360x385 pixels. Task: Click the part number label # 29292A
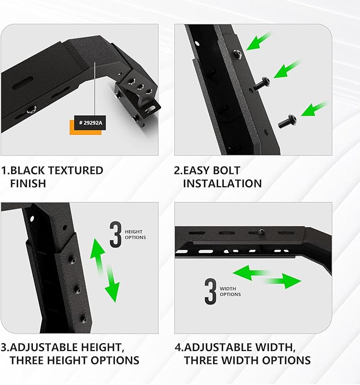click(90, 123)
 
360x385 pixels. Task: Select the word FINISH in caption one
click(28, 183)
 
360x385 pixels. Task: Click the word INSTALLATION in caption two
click(222, 183)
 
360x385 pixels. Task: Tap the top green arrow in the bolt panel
click(259, 41)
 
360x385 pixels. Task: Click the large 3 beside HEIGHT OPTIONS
click(116, 235)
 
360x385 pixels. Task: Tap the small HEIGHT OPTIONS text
click(135, 234)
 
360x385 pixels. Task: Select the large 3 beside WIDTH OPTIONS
click(210, 291)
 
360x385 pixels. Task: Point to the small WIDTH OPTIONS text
click(230, 291)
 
